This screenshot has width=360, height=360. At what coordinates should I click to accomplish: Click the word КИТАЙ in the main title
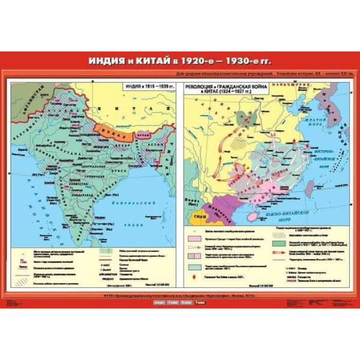(152, 61)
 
